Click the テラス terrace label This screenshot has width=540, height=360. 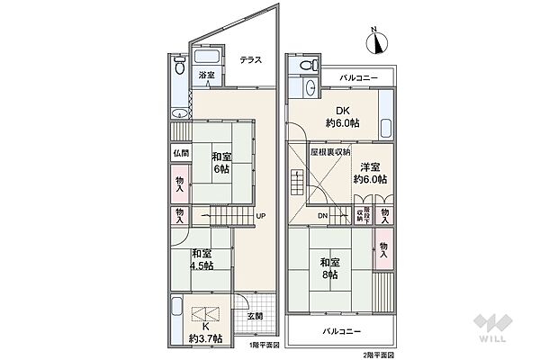[251, 60]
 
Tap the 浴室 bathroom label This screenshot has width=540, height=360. [206, 75]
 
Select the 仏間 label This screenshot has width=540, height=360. [179, 154]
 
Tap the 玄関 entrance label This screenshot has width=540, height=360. [254, 316]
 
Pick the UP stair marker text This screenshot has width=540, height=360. [259, 216]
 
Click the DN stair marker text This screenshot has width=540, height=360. [322, 216]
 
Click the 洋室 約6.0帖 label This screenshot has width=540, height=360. [369, 173]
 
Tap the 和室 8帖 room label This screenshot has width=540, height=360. [328, 267]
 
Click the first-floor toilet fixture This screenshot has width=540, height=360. [179, 67]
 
